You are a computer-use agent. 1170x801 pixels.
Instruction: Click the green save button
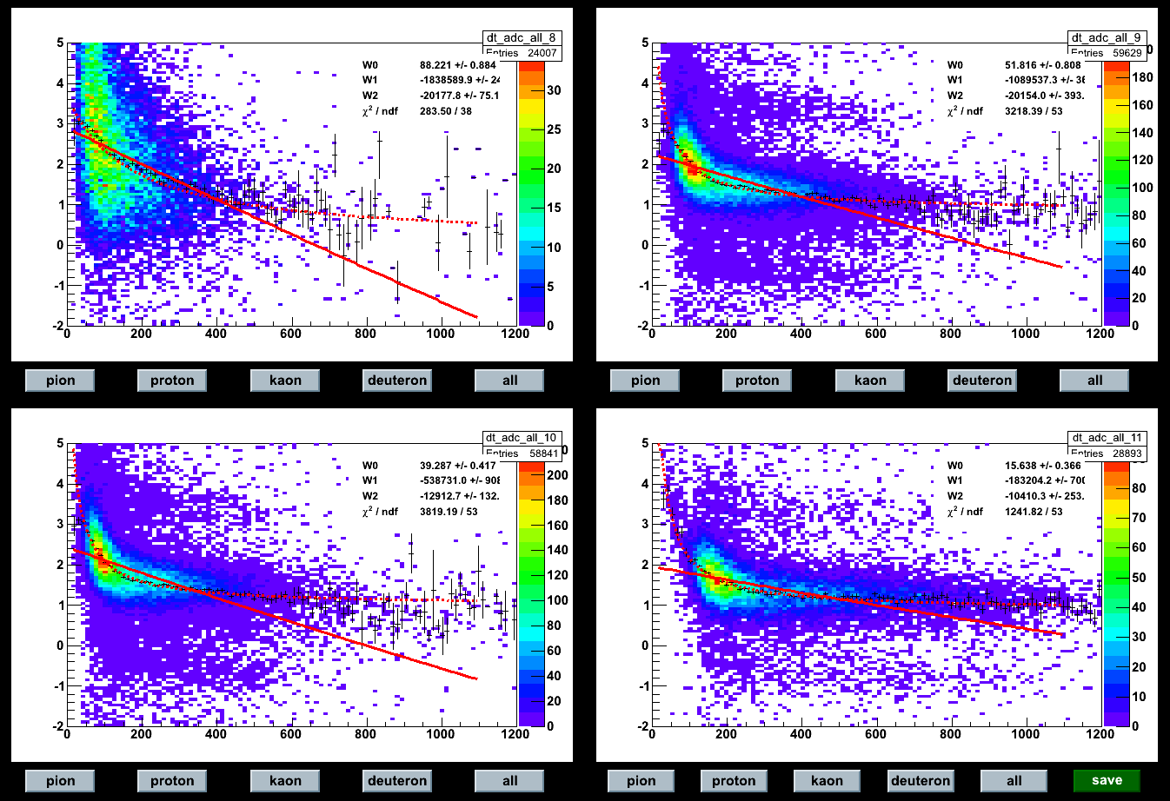[x=1107, y=780]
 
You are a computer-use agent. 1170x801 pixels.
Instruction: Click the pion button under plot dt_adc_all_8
[x=60, y=380]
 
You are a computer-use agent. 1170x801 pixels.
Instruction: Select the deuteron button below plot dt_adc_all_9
[x=982, y=380]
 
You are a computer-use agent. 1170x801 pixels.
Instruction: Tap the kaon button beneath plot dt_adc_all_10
[x=285, y=780]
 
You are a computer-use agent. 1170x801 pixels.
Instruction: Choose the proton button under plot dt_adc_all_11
[x=734, y=780]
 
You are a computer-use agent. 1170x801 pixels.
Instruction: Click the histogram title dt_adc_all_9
[x=1106, y=38]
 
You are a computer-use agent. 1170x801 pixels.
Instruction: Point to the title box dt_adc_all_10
[x=521, y=438]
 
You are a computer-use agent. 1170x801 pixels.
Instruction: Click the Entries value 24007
[x=542, y=53]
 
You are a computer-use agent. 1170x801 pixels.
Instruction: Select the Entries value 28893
[x=1127, y=453]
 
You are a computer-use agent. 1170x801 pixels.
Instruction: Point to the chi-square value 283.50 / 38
[x=446, y=111]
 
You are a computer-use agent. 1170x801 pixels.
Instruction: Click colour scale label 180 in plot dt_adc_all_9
[x=1142, y=77]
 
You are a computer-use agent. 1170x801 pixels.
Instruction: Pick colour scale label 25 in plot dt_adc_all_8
[x=554, y=129]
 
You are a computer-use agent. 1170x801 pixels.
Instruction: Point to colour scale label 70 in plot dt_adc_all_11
[x=1139, y=518]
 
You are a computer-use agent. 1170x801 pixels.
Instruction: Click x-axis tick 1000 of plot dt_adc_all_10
[x=441, y=734]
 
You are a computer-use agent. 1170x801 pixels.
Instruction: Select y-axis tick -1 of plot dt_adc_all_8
[x=58, y=285]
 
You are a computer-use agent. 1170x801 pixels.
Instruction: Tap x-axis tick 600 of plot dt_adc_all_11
[x=876, y=734]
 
